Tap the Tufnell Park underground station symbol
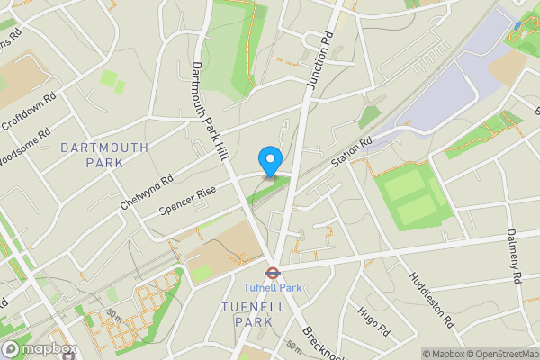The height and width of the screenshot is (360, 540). pyautogui.click(x=269, y=271)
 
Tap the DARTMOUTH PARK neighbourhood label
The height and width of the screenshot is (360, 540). pyautogui.click(x=92, y=155)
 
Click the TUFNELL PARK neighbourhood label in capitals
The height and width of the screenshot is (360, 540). pyautogui.click(x=253, y=314)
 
